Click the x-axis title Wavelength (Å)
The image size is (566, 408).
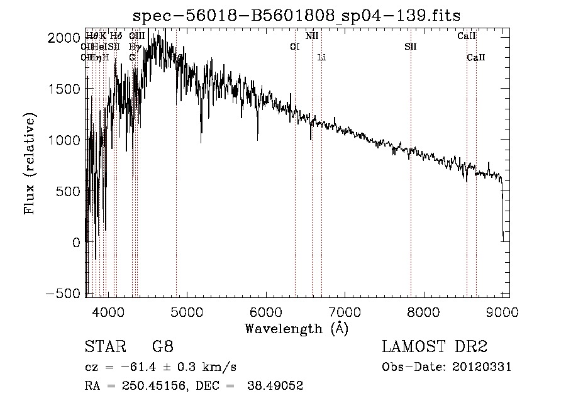(x=296, y=328)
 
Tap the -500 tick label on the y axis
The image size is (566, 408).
(x=64, y=294)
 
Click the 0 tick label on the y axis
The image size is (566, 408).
(x=76, y=243)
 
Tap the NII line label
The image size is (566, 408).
(x=312, y=36)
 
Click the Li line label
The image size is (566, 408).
(x=321, y=58)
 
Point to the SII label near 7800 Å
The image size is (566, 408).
(x=410, y=47)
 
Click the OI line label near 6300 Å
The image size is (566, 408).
(x=294, y=47)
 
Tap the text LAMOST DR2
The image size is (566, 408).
(x=435, y=347)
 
